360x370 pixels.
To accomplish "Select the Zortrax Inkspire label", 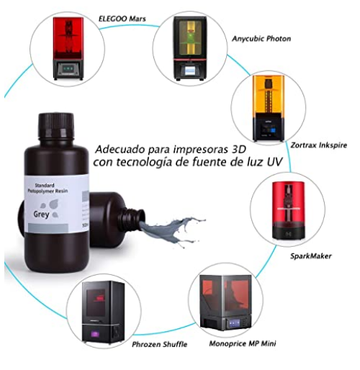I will click(318, 145).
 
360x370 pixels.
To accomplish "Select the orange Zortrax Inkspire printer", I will click(268, 107).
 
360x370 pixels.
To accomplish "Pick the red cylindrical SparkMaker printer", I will click(288, 209).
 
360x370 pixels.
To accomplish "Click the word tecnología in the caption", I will click(150, 164).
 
